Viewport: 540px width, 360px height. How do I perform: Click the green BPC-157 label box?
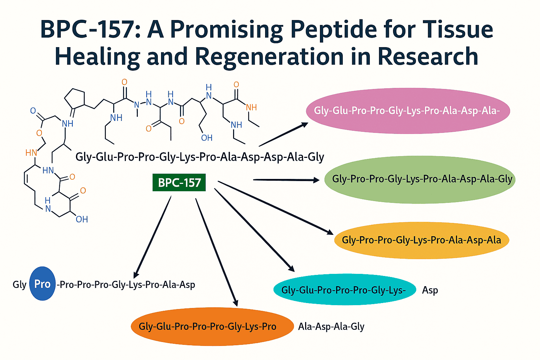pos(179,182)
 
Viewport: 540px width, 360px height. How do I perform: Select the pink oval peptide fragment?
pos(407,111)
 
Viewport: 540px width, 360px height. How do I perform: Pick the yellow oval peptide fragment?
pos(421,240)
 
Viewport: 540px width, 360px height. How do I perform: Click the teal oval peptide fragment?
pos(345,290)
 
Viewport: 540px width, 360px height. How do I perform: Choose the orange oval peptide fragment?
pos(212,326)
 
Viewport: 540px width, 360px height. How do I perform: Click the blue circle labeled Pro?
pos(42,284)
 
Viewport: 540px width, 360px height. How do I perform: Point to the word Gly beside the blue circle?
pos(19,284)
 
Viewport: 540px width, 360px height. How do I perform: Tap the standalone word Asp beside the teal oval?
pos(430,290)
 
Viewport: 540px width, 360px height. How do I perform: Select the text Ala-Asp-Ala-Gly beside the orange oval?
pos(331,327)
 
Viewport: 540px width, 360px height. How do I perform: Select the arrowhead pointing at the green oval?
pos(316,180)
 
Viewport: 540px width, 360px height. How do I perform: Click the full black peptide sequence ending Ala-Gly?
pos(200,157)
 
